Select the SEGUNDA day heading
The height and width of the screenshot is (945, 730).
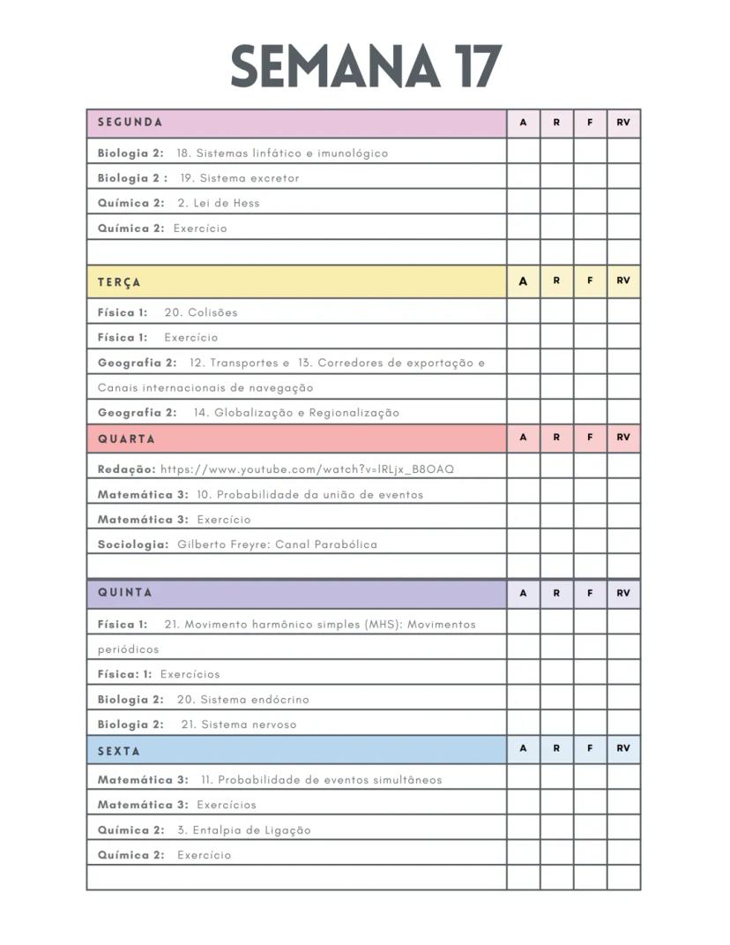(130, 123)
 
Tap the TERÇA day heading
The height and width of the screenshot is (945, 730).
(119, 282)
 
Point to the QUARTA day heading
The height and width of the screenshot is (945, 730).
(126, 439)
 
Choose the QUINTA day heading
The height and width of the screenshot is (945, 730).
(124, 593)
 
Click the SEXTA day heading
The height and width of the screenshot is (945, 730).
(119, 751)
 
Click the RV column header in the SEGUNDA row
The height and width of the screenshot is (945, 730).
(623, 123)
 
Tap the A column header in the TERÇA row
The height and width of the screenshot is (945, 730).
(523, 281)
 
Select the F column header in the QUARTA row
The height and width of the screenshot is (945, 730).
(590, 437)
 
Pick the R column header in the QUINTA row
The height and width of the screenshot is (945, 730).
(556, 593)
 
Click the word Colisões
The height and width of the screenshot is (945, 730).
(212, 312)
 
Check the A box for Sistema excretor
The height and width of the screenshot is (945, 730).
(523, 177)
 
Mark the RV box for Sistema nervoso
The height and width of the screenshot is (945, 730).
(623, 723)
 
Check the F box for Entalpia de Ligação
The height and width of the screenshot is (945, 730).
(590, 829)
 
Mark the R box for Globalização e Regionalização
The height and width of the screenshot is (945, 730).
(556, 412)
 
